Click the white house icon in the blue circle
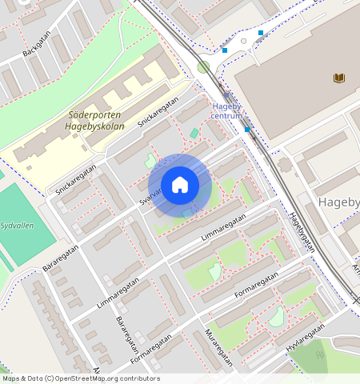pos(180,185)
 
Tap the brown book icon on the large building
pos(339,78)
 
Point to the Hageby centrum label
pos(226,111)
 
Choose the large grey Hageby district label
pos(338,202)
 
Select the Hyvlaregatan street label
pos(305,338)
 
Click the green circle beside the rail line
pos(203,67)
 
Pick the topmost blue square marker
pos(261,33)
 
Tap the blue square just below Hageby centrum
pos(247,130)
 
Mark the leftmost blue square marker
pos(225,50)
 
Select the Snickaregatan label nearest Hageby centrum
pos(158,113)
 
